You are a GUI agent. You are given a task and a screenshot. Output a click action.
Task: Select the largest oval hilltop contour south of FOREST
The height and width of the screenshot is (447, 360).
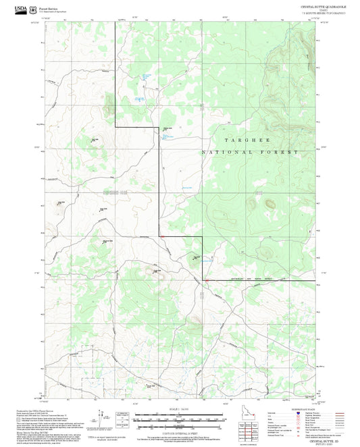269,203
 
